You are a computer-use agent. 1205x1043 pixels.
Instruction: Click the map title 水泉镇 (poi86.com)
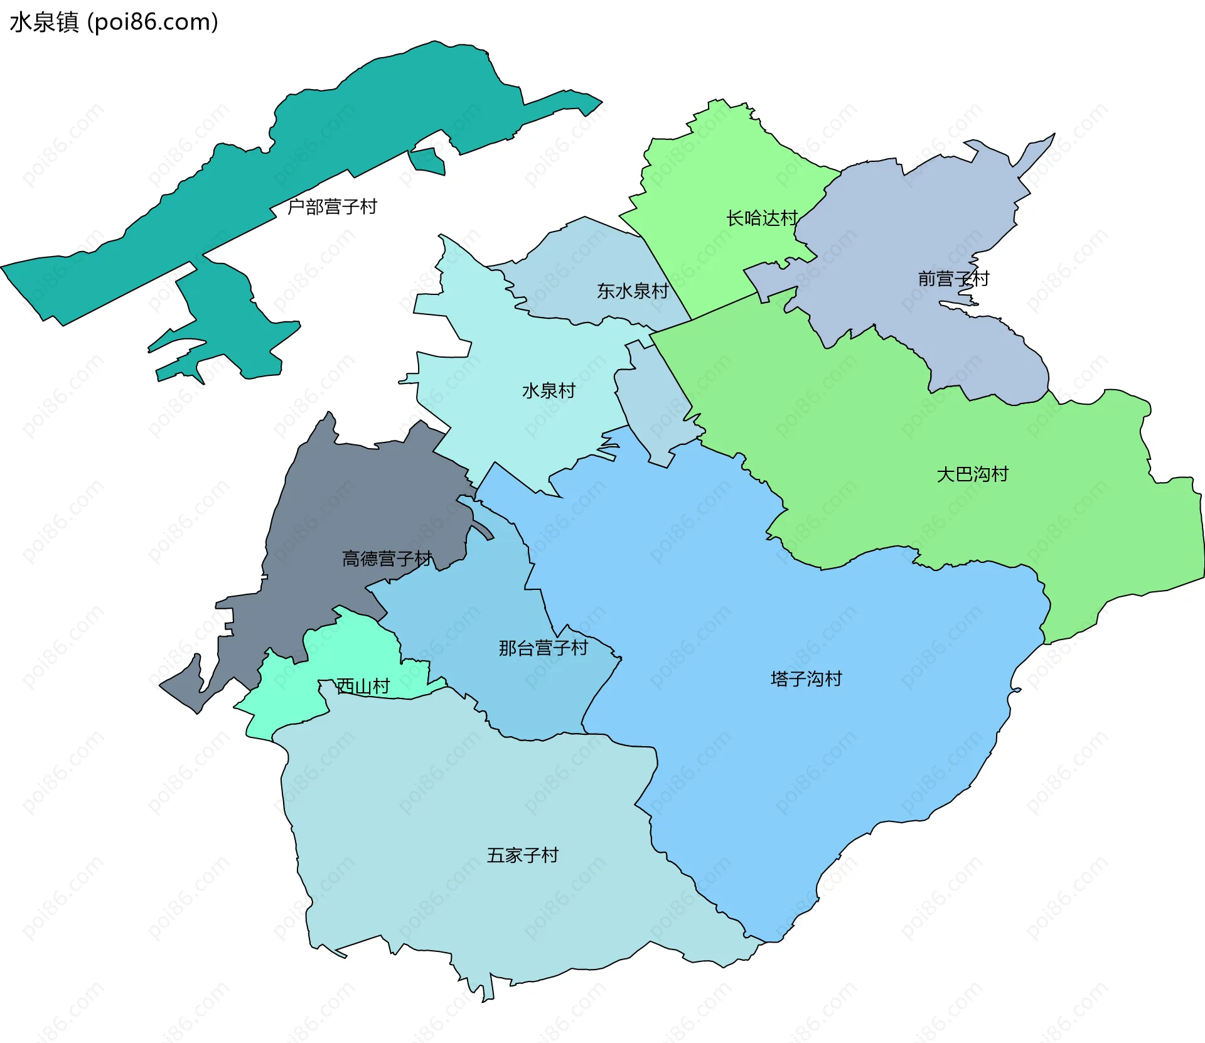tap(114, 22)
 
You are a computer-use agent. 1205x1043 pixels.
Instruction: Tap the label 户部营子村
tap(332, 206)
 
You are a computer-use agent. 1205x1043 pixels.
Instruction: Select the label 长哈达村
tap(761, 218)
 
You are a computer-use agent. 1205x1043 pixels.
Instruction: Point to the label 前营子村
tap(953, 279)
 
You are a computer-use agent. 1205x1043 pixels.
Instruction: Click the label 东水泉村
tap(632, 291)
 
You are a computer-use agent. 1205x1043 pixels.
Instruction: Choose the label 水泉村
tap(549, 391)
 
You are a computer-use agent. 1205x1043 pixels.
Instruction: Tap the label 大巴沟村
tap(972, 474)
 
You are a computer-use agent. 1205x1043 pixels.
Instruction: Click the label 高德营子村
tap(387, 559)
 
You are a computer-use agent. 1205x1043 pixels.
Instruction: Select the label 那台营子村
tap(544, 648)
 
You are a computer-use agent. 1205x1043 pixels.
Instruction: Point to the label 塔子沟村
tap(806, 679)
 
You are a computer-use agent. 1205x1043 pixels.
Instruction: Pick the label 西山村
tap(363, 687)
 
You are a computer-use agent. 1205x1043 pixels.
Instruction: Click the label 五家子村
tap(522, 855)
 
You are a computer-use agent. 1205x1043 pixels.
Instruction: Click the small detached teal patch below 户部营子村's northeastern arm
tap(428, 161)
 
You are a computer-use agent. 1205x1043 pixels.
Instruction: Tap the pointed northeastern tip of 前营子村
tap(1049, 139)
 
